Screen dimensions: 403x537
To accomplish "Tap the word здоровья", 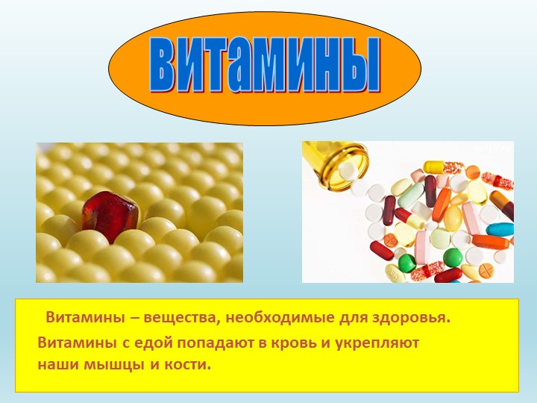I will tap(414, 319).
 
